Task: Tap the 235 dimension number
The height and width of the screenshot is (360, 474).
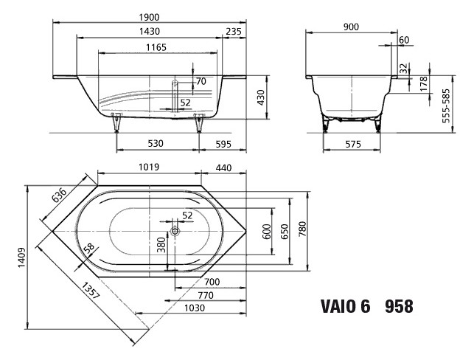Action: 234,32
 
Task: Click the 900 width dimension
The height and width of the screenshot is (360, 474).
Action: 351,27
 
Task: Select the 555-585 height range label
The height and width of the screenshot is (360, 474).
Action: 447,106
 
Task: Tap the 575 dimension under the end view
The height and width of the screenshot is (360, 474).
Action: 352,144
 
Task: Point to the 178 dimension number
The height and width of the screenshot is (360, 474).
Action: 422,83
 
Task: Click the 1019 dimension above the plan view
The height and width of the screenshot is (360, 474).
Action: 149,167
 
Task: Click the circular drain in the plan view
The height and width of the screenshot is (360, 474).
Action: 175,232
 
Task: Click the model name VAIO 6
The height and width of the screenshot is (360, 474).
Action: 344,306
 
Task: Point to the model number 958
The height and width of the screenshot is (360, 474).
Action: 399,306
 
